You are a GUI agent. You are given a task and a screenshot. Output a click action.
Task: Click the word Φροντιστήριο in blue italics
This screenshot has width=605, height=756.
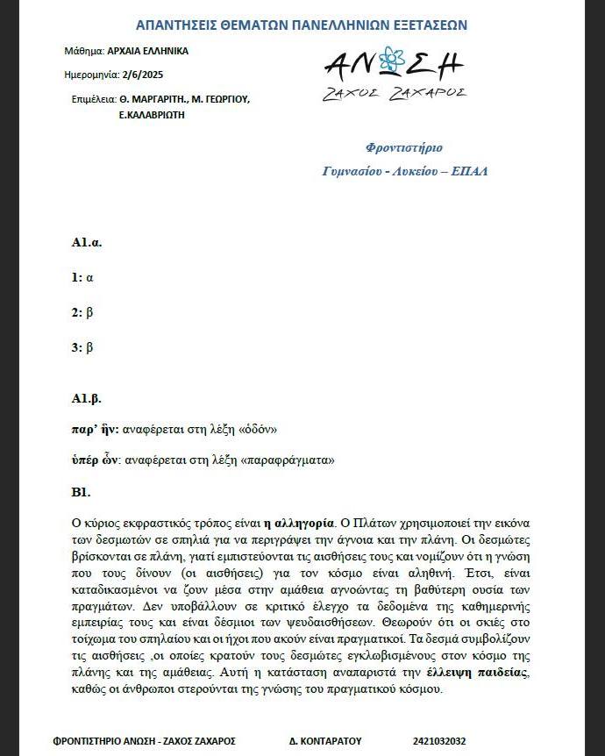coord(404,147)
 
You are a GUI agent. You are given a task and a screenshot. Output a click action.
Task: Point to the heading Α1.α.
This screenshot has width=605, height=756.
coord(87,242)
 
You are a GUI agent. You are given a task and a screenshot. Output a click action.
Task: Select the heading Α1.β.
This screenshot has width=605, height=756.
coord(87,399)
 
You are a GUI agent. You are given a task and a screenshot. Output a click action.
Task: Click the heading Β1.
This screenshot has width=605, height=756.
coord(82,491)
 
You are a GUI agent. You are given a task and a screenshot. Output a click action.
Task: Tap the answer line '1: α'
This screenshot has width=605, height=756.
coord(82,277)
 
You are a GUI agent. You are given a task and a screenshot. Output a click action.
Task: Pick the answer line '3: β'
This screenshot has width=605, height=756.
coord(82,347)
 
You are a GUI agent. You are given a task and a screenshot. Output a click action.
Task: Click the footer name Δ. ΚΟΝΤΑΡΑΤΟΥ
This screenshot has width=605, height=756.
coord(325,740)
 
